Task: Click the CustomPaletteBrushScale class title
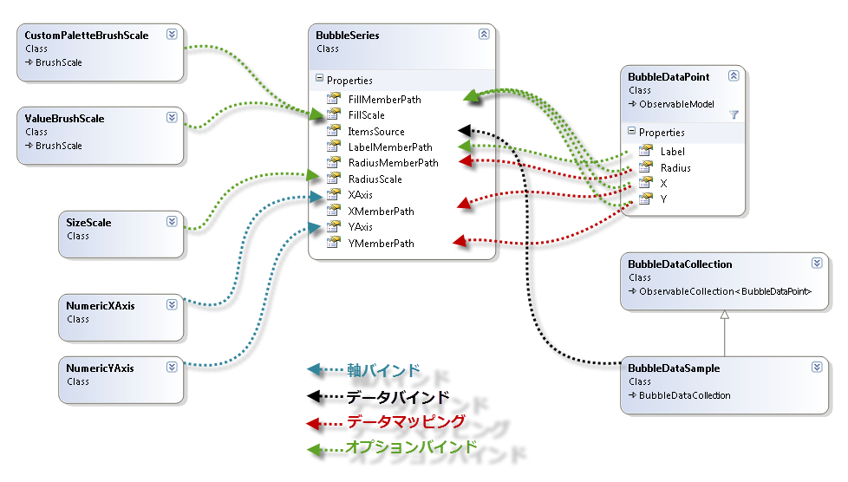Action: [x=87, y=36]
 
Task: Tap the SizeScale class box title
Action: [x=89, y=223]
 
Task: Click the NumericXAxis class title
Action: [x=101, y=306]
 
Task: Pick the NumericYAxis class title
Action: [x=101, y=368]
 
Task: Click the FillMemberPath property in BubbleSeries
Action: [x=384, y=100]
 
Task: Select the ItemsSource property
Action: [x=375, y=132]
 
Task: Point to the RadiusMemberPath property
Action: [x=393, y=163]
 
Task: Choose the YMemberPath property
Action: [x=381, y=244]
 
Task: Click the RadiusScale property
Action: [x=375, y=179]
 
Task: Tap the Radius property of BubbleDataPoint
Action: [x=675, y=168]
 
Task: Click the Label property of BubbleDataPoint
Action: [x=672, y=152]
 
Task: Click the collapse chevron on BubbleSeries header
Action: [x=484, y=35]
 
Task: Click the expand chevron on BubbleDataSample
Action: [x=817, y=368]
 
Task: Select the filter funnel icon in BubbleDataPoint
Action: [x=734, y=114]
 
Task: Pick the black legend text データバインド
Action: [x=398, y=398]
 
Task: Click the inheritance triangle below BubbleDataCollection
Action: [x=725, y=316]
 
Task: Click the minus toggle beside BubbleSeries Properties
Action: [x=319, y=80]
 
